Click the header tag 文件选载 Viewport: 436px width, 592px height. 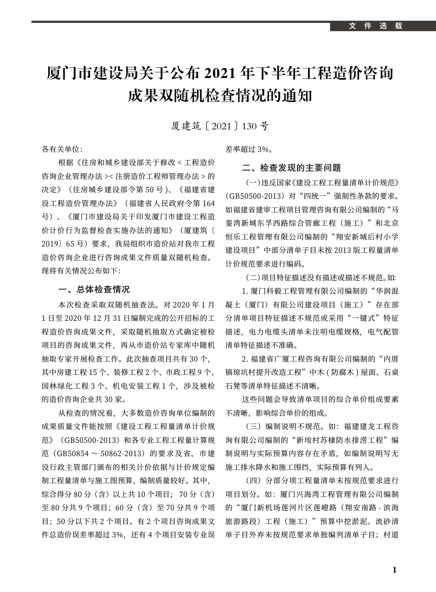[375, 26]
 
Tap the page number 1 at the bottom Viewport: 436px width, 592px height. [395, 570]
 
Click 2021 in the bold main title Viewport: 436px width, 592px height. [222, 73]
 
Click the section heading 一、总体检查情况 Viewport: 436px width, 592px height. [95, 289]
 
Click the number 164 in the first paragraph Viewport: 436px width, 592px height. [208, 203]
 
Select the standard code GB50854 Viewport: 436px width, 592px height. [76, 454]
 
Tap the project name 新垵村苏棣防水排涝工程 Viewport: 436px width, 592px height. [340, 440]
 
